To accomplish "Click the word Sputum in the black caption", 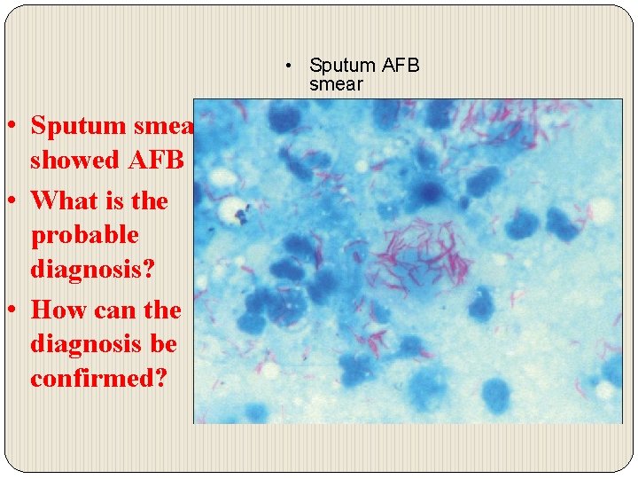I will pyautogui.click(x=343, y=66).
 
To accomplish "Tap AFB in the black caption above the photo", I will pyautogui.click(x=401, y=66).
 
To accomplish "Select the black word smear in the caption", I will pyautogui.click(x=336, y=85).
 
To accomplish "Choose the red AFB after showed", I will pyautogui.click(x=159, y=161).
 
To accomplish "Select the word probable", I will pyautogui.click(x=84, y=237).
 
